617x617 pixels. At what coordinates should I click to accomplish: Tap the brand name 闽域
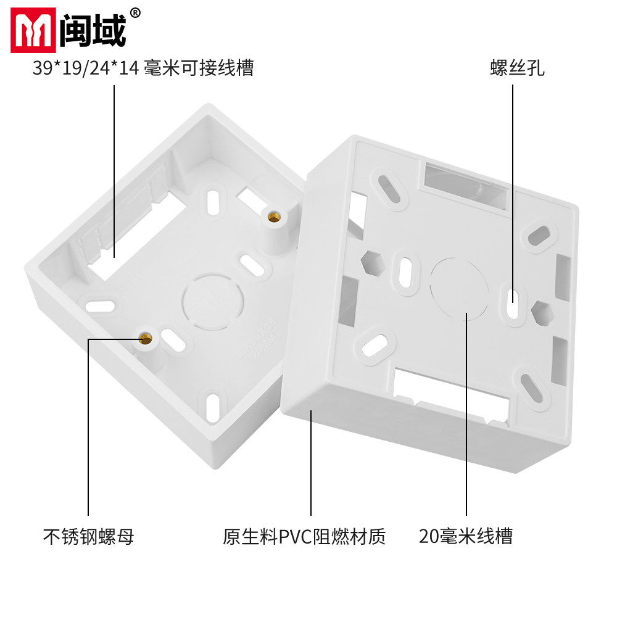[93, 31]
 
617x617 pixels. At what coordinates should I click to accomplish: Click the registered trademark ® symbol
[136, 13]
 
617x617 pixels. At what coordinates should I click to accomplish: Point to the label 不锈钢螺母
[88, 536]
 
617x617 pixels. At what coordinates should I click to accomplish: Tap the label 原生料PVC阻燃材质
[304, 536]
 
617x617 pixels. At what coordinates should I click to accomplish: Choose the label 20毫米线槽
[465, 536]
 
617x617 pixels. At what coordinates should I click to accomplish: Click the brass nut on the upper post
[273, 217]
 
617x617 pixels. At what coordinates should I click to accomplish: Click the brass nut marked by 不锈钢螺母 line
[146, 337]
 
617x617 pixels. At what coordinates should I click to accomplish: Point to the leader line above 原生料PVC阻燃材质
[310, 463]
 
